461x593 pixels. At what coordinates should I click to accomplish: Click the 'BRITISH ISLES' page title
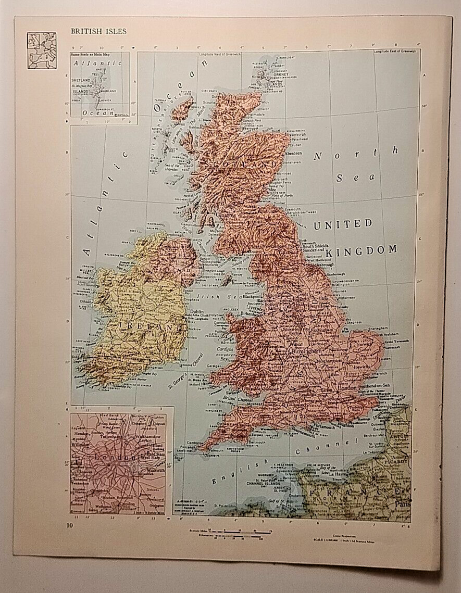(98, 32)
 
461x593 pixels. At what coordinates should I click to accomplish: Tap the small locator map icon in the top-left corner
(42, 51)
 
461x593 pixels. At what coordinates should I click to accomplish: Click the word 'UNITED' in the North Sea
(343, 224)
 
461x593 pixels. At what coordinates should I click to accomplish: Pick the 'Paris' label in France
(401, 504)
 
